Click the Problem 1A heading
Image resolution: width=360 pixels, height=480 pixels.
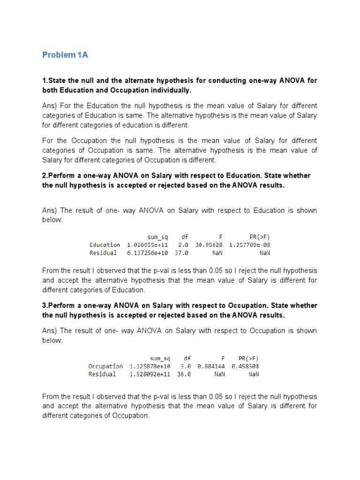tap(65, 55)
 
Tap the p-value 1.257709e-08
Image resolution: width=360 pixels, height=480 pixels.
tap(249, 245)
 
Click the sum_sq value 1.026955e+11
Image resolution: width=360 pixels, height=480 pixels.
tap(148, 245)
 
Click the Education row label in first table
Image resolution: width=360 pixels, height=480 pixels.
tap(105, 245)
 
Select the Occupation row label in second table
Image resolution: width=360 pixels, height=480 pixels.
tap(105, 366)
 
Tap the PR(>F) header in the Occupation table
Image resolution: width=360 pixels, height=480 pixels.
tap(248, 358)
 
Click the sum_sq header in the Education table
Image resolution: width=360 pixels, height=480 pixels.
tap(157, 237)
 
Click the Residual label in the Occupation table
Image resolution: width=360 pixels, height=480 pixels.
tap(102, 375)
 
